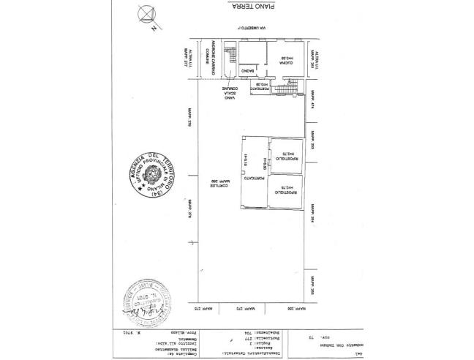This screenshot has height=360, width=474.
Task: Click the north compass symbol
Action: click(x=146, y=15)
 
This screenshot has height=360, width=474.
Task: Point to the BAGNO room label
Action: click(x=248, y=71)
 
